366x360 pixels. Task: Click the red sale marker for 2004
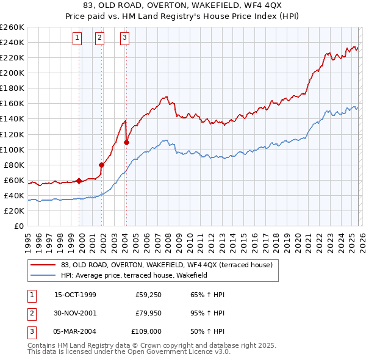click(x=126, y=142)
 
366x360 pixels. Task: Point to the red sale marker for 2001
click(x=102, y=165)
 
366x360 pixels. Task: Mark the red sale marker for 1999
click(x=79, y=181)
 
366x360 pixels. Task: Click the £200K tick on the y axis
click(x=12, y=73)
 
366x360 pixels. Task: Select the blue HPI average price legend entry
click(x=135, y=275)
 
